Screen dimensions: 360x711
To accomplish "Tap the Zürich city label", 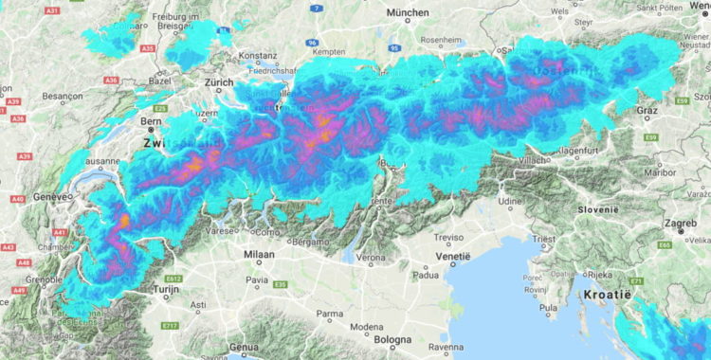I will click(220, 82).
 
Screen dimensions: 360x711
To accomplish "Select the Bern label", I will click(151, 121).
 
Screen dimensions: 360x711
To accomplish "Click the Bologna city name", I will click(392, 339).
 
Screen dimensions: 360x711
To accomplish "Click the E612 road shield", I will click(173, 279).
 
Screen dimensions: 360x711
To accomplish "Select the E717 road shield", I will click(170, 326).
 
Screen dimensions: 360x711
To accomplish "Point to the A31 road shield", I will click(52, 10).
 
